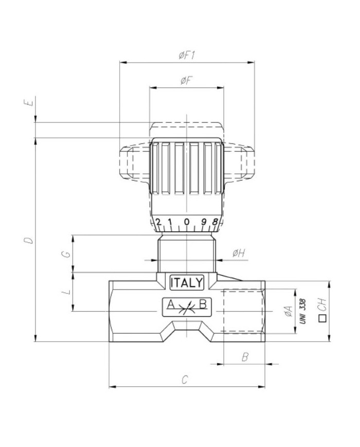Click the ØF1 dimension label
(187, 56)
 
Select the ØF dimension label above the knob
(186, 80)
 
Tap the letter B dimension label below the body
(245, 356)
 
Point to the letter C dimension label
(186, 380)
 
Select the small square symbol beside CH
(322, 318)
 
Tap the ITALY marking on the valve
(187, 282)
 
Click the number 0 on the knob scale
(187, 223)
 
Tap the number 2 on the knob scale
(158, 222)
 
